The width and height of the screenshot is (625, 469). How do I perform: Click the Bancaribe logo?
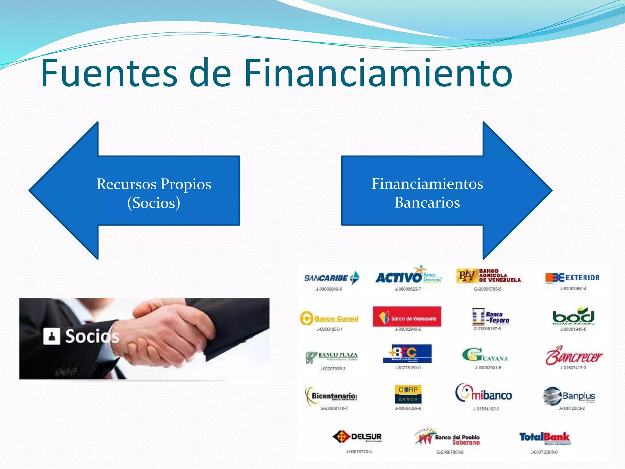(332, 278)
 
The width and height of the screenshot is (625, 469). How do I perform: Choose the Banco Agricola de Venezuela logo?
(488, 276)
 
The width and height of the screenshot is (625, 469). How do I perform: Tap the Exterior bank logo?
(572, 278)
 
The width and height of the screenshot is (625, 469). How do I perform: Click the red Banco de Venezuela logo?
(407, 317)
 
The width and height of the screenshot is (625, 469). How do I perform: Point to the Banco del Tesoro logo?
(490, 317)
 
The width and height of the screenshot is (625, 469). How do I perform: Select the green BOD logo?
(573, 316)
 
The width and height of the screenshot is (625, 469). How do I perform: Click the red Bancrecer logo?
(574, 356)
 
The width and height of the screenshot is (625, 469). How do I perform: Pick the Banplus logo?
(569, 396)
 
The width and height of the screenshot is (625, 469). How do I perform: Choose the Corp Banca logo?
(408, 394)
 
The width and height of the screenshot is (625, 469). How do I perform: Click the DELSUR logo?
(357, 437)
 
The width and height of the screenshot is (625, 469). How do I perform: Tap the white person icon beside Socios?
(52, 336)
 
